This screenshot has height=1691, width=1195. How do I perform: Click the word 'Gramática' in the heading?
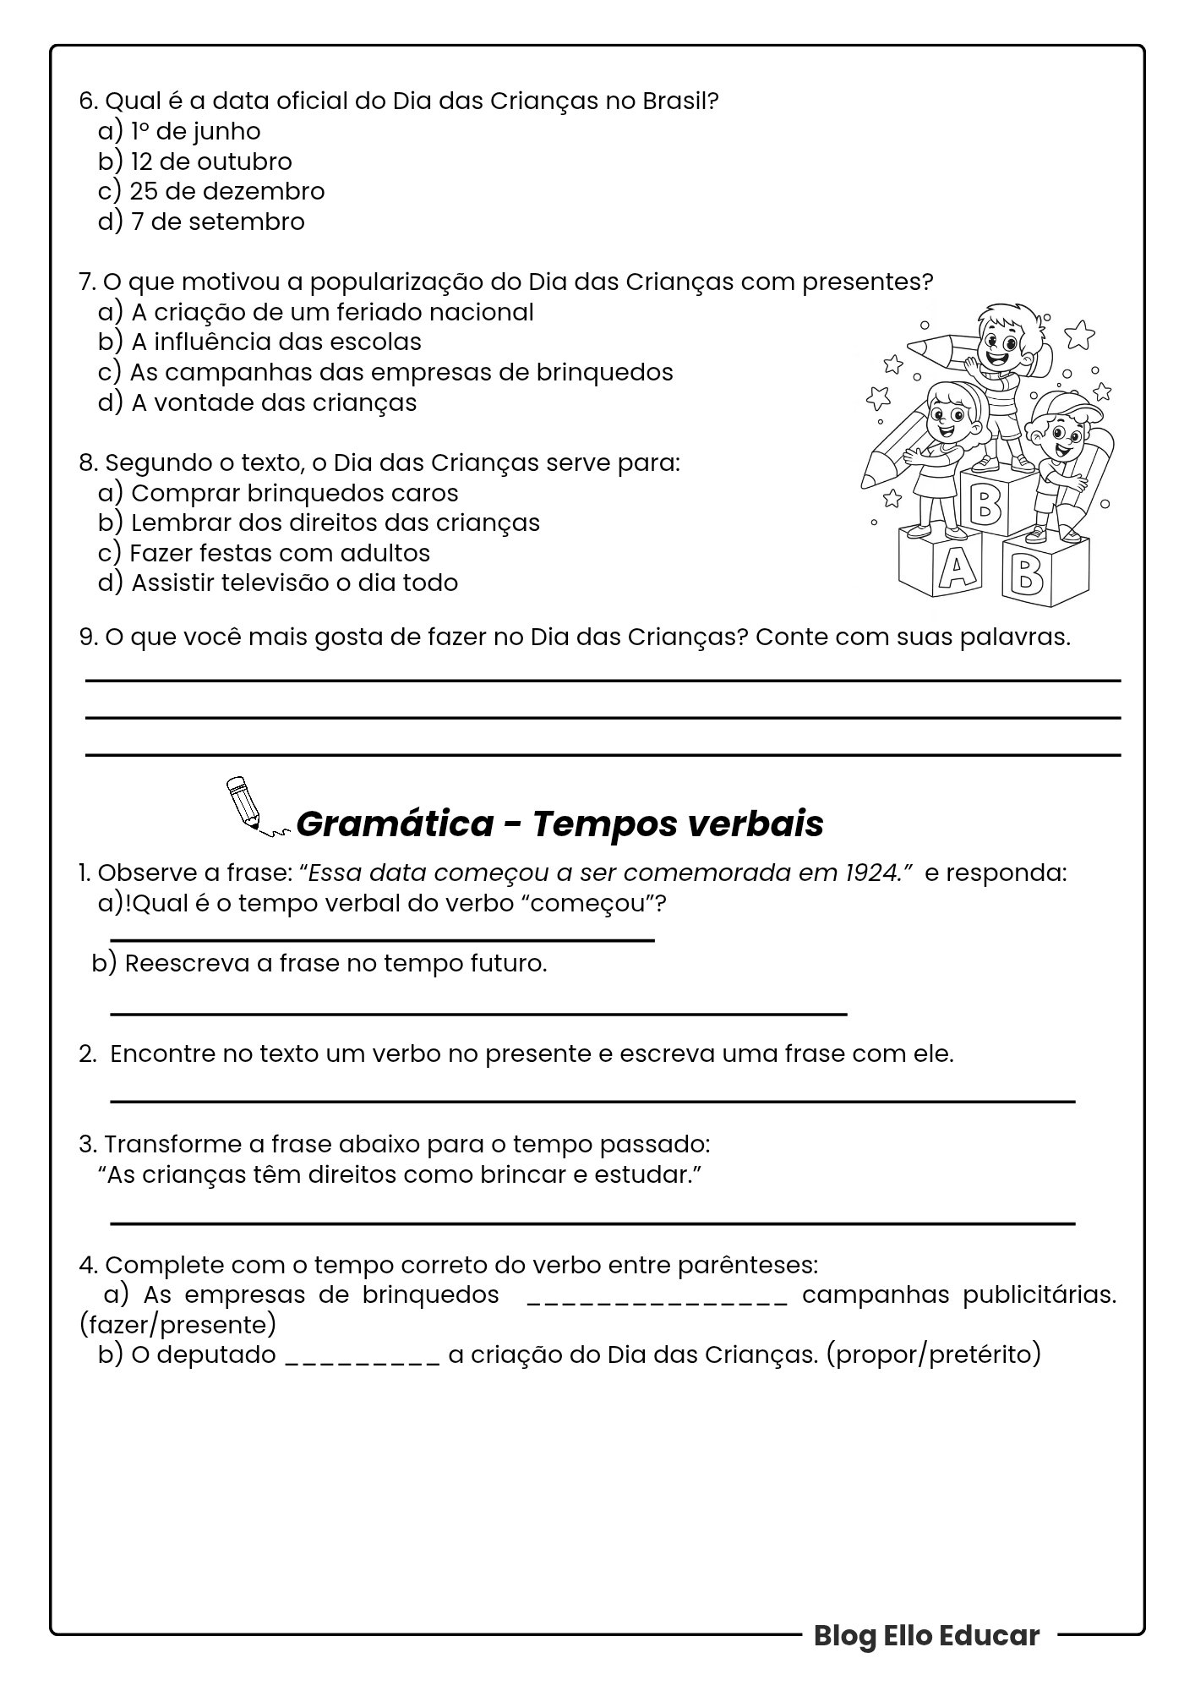point(396,824)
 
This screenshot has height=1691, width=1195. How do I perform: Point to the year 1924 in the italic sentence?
point(870,873)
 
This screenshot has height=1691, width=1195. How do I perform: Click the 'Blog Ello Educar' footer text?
point(926,1635)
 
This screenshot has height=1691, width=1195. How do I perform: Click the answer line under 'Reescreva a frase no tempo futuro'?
point(478,1012)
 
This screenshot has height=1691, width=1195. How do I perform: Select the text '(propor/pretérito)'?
point(934,1354)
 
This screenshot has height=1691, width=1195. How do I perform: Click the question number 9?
point(87,637)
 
